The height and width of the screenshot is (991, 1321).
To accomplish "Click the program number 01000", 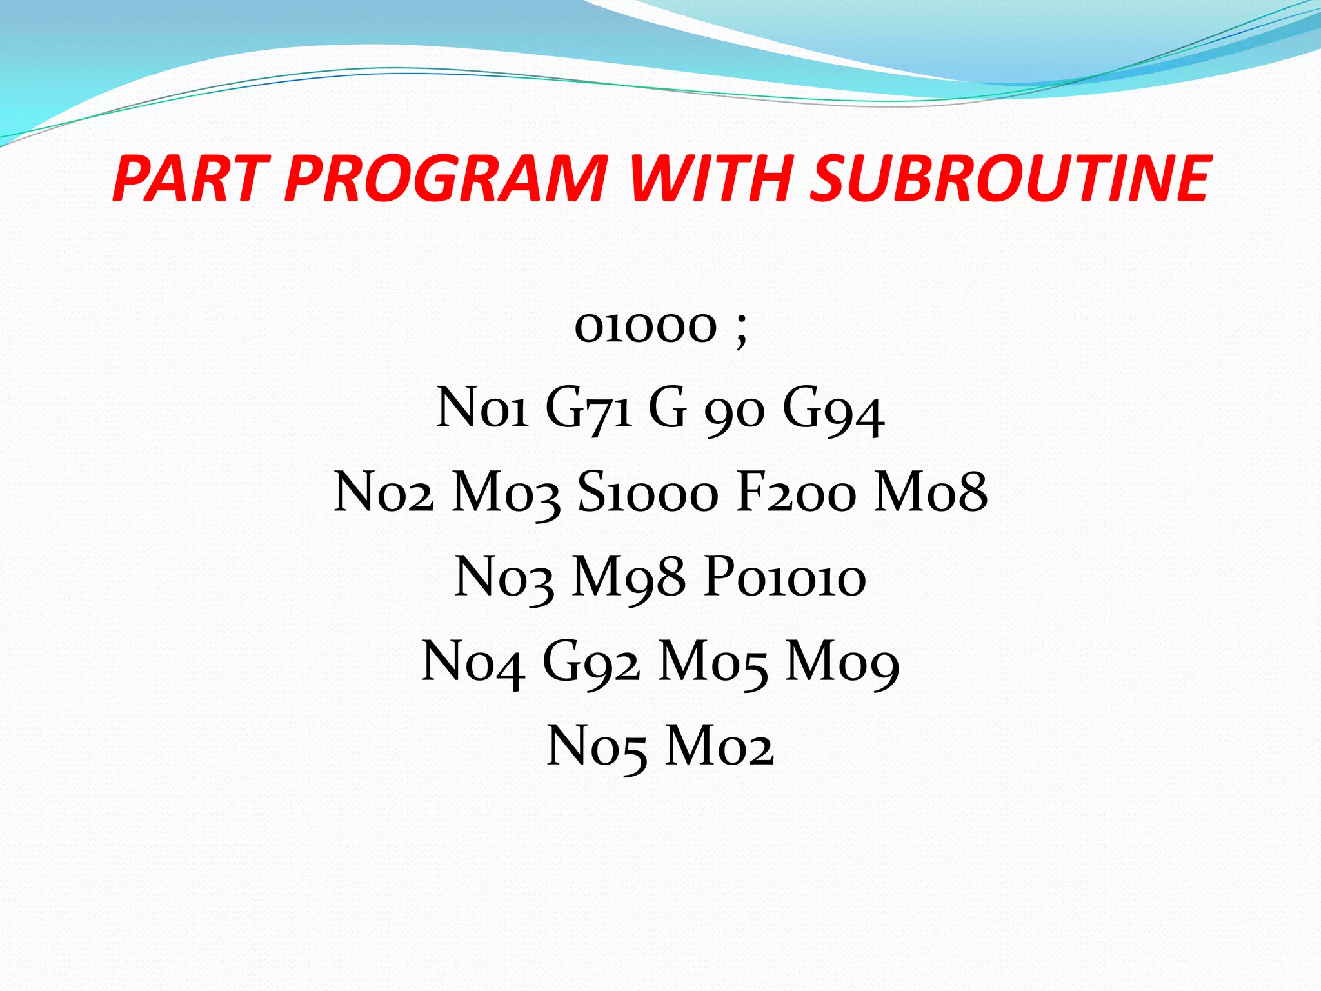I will coord(646,326).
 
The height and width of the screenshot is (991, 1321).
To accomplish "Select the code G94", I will coord(833,410).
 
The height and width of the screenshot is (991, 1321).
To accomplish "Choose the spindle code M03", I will coord(505,493).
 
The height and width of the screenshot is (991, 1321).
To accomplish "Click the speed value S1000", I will coord(647,493).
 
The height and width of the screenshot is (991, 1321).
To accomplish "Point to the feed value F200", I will coord(797,493).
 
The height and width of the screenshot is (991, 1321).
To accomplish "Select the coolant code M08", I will coord(930,493).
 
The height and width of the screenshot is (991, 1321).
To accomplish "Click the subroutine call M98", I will coord(628,577).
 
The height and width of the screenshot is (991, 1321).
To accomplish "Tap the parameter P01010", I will coord(784,577).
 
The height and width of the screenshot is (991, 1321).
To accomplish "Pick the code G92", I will coord(591,662).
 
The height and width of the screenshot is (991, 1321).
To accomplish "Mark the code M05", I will coord(713,662).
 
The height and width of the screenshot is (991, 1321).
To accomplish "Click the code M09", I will coord(842,662).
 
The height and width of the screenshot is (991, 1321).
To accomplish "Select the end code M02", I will coord(719,746).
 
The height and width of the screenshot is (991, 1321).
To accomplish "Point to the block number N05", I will coord(596,746).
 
